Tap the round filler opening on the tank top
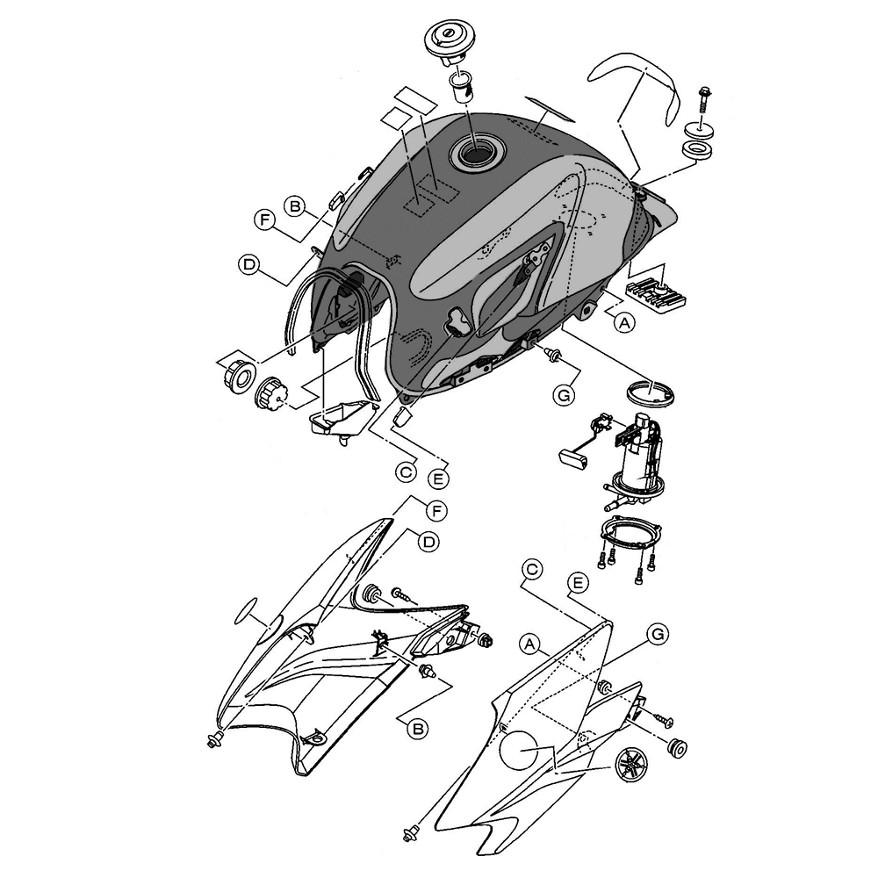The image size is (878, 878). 477,151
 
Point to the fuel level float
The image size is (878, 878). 572,457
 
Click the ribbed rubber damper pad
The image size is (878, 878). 656,295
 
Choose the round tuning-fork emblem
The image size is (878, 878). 630,765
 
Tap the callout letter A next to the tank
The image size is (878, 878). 624,322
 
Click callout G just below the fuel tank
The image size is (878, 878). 564,395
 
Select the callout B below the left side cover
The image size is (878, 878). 417,729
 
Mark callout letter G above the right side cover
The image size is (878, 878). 658,634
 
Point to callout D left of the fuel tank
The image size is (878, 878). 248,264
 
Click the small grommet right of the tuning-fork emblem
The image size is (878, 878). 678,748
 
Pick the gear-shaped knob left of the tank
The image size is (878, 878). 271,392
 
